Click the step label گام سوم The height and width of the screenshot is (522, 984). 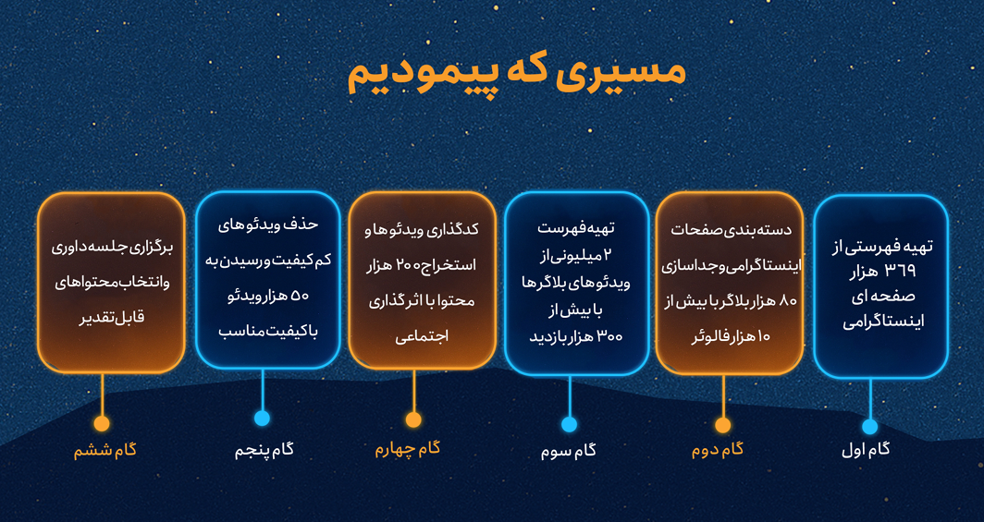[x=569, y=451]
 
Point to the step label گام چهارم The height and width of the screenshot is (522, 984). [x=408, y=449]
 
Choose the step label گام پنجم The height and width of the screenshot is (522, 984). [x=264, y=451]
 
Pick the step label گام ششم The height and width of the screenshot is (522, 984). [x=105, y=451]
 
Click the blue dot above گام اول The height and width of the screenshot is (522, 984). [x=869, y=426]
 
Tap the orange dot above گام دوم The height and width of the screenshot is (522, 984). [x=723, y=426]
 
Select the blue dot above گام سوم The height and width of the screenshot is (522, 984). [x=569, y=425]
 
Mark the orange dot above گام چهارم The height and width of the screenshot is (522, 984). [x=413, y=419]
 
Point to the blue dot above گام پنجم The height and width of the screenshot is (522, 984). [x=263, y=418]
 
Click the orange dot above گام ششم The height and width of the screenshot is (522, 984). [x=102, y=423]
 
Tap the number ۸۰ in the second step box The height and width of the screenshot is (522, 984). [x=787, y=301]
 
